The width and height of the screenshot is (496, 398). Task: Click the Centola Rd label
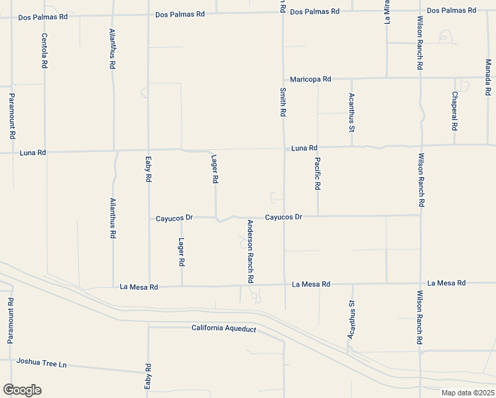(x=44, y=52)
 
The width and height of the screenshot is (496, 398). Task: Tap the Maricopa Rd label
(x=310, y=79)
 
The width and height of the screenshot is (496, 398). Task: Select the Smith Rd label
(x=282, y=103)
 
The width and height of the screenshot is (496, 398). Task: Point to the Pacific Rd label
(x=318, y=174)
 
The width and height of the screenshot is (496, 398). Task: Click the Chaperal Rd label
(x=455, y=111)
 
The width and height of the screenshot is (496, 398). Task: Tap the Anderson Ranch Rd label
(x=251, y=251)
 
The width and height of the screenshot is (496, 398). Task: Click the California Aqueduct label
(x=223, y=328)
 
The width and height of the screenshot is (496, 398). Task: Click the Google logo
(x=22, y=389)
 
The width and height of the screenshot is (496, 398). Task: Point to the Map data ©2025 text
(x=467, y=393)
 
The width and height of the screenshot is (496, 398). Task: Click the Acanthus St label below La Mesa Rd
(x=352, y=319)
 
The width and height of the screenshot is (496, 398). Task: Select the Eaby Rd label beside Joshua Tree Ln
(x=149, y=376)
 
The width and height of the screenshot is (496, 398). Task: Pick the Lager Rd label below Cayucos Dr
(x=181, y=252)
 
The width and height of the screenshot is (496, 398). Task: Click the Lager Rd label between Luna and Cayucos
(x=215, y=169)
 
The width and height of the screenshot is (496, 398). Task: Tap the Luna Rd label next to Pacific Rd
(x=304, y=148)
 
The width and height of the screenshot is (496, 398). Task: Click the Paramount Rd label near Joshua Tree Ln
(x=11, y=320)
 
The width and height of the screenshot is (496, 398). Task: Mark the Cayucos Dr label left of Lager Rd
(x=174, y=218)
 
